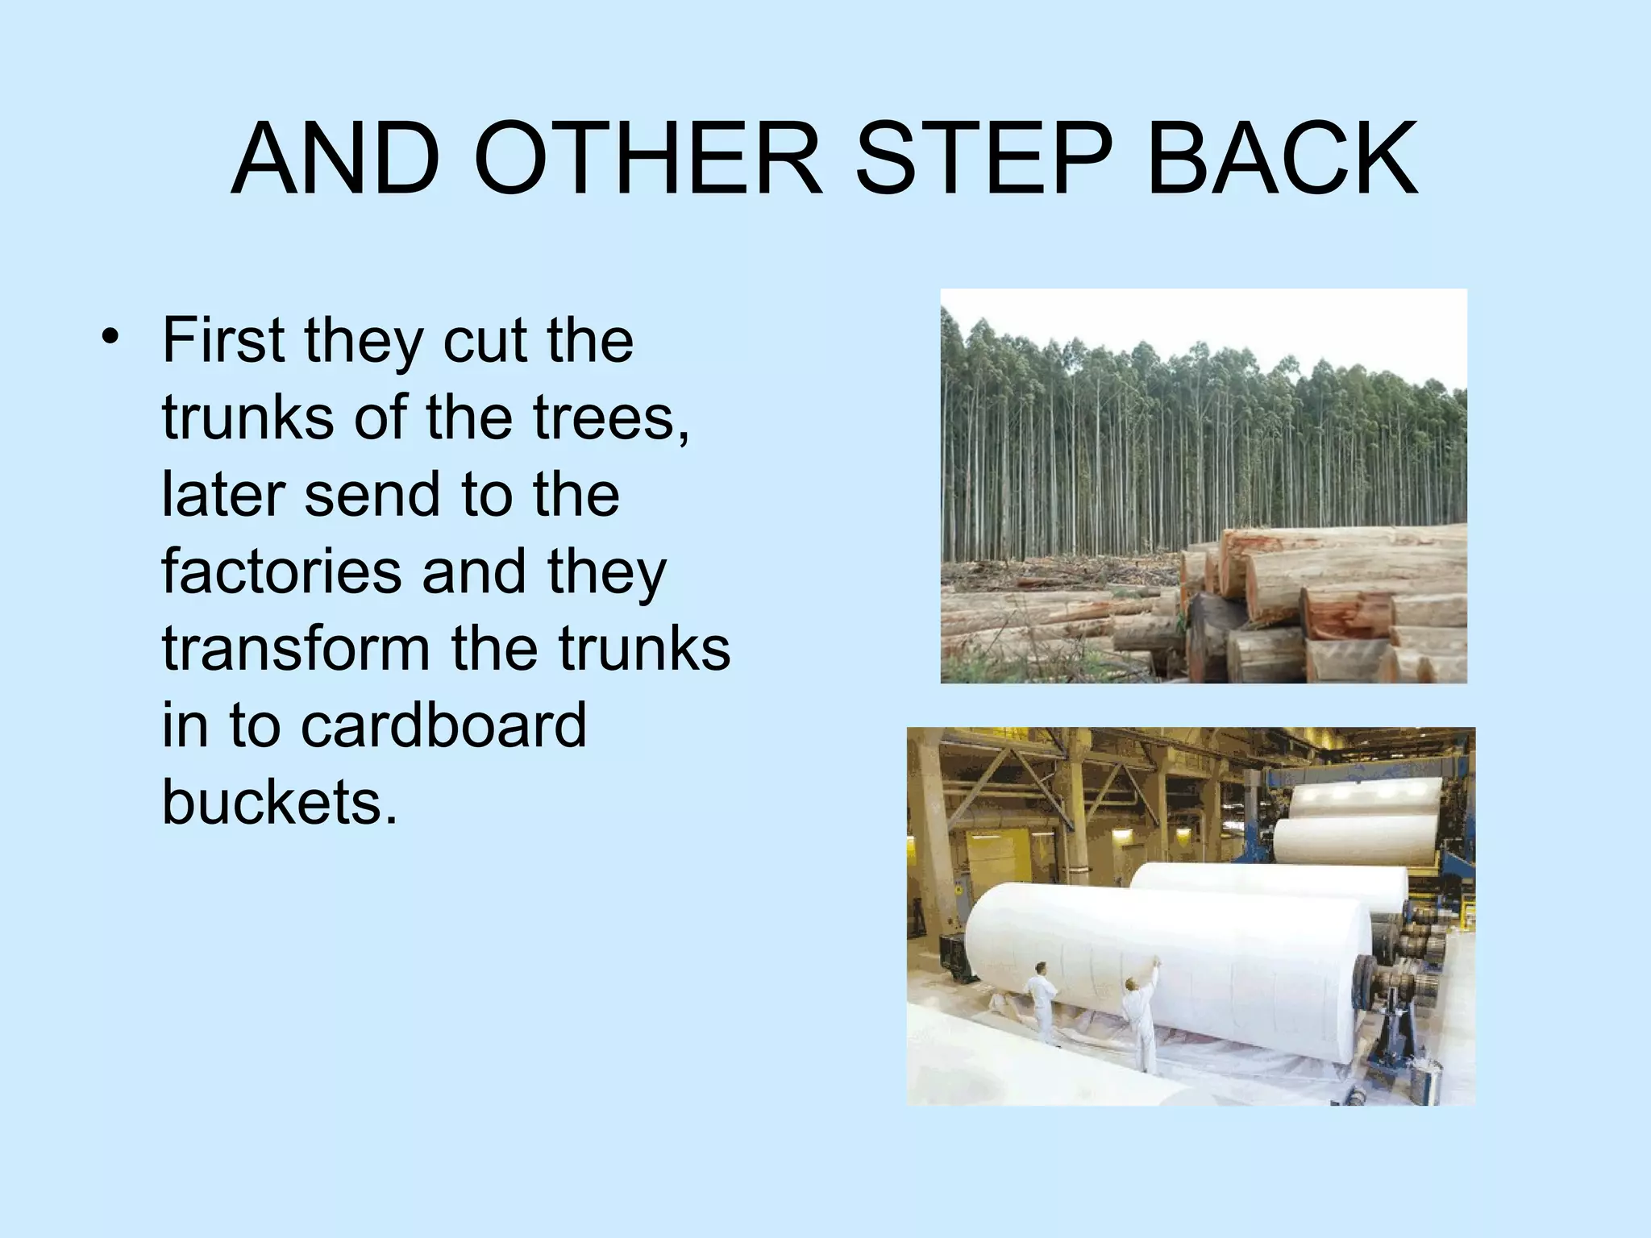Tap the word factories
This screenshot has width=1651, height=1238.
281,571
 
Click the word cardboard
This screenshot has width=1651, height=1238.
443,725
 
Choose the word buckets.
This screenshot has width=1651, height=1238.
279,802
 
